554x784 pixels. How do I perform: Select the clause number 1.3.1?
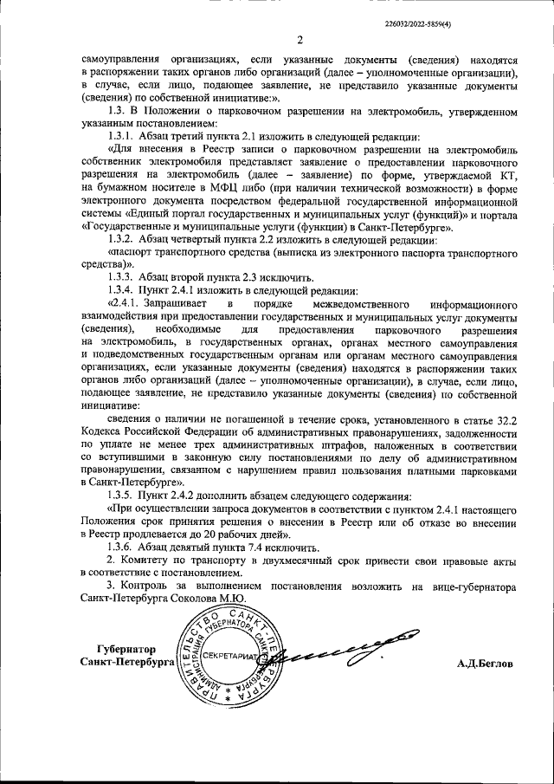(122, 137)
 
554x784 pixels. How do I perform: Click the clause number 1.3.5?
(122, 496)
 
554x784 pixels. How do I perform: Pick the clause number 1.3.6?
(122, 547)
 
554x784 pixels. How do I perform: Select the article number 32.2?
(505, 419)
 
